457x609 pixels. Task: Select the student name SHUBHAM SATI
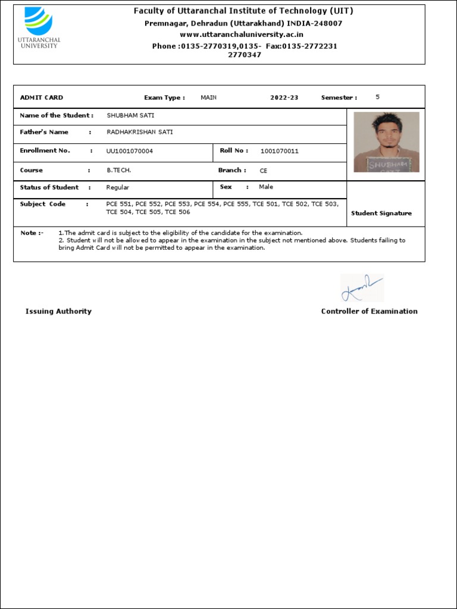pyautogui.click(x=130, y=115)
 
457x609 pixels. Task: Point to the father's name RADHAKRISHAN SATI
pyautogui.click(x=140, y=132)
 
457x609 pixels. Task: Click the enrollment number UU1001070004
pyautogui.click(x=130, y=151)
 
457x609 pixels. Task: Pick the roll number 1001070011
pyautogui.click(x=280, y=151)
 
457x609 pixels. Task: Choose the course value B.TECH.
pyautogui.click(x=119, y=170)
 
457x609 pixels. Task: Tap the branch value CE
pyautogui.click(x=264, y=171)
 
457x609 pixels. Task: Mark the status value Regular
pyautogui.click(x=118, y=187)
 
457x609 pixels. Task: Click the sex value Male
pyautogui.click(x=266, y=187)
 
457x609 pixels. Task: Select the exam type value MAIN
pyautogui.click(x=209, y=98)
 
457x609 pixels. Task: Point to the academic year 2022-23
pyautogui.click(x=284, y=98)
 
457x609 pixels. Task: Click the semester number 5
pyautogui.click(x=378, y=96)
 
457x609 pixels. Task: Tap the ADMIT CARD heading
pyautogui.click(x=42, y=98)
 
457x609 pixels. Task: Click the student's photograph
pyautogui.click(x=386, y=142)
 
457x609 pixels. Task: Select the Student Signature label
pyautogui.click(x=381, y=213)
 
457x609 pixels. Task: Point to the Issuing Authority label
pyautogui.click(x=58, y=311)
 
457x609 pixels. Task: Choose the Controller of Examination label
pyautogui.click(x=370, y=311)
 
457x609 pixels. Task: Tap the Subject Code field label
pyautogui.click(x=43, y=204)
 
